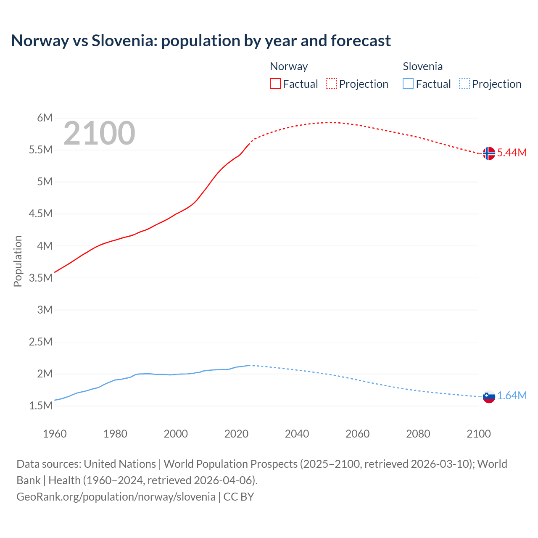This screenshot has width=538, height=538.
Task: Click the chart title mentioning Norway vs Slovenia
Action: (201, 41)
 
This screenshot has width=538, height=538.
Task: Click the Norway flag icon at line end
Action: (488, 153)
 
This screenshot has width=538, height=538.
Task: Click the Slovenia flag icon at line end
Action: (489, 396)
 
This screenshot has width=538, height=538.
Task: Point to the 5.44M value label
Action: (512, 153)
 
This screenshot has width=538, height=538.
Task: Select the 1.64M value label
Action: (512, 396)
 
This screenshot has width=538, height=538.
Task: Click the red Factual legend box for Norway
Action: (275, 84)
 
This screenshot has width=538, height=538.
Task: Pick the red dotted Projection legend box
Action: (331, 84)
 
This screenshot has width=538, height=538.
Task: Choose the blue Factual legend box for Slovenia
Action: (408, 84)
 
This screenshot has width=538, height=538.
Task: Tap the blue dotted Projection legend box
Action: (464, 84)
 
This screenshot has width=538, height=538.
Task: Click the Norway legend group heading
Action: (289, 66)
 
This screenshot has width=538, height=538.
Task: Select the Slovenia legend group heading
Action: (422, 66)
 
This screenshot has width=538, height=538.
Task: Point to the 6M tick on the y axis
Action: (45, 118)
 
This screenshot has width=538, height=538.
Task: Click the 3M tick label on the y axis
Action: (45, 310)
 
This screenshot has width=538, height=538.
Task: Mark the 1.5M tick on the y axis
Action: (41, 406)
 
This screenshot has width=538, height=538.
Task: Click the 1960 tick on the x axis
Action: (55, 434)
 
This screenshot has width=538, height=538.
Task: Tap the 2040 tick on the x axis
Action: (297, 434)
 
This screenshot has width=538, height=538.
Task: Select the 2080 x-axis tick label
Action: (418, 434)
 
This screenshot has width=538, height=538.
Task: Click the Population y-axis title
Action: (18, 261)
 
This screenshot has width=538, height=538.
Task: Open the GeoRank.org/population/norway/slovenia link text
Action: (116, 497)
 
